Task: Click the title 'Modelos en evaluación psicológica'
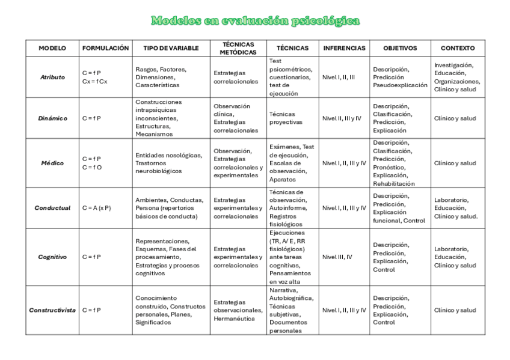tap(255, 22)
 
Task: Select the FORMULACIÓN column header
tap(105, 48)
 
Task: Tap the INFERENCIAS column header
tap(344, 48)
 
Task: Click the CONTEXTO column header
tap(458, 48)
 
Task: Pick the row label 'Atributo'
tap(52, 77)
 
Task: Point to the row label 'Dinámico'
tap(52, 118)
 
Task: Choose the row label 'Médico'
tap(52, 163)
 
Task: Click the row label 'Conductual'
tap(52, 208)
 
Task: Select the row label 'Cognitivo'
tap(52, 257)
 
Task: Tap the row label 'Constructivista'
tap(52, 310)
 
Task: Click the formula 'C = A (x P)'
tap(97, 208)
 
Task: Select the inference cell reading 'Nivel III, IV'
tap(339, 257)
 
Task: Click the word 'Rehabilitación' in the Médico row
tap(393, 183)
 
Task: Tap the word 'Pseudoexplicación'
tap(398, 85)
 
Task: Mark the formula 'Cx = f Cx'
tap(94, 81)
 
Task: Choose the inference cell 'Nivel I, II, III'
tap(339, 77)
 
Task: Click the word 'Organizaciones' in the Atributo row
tap(456, 81)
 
